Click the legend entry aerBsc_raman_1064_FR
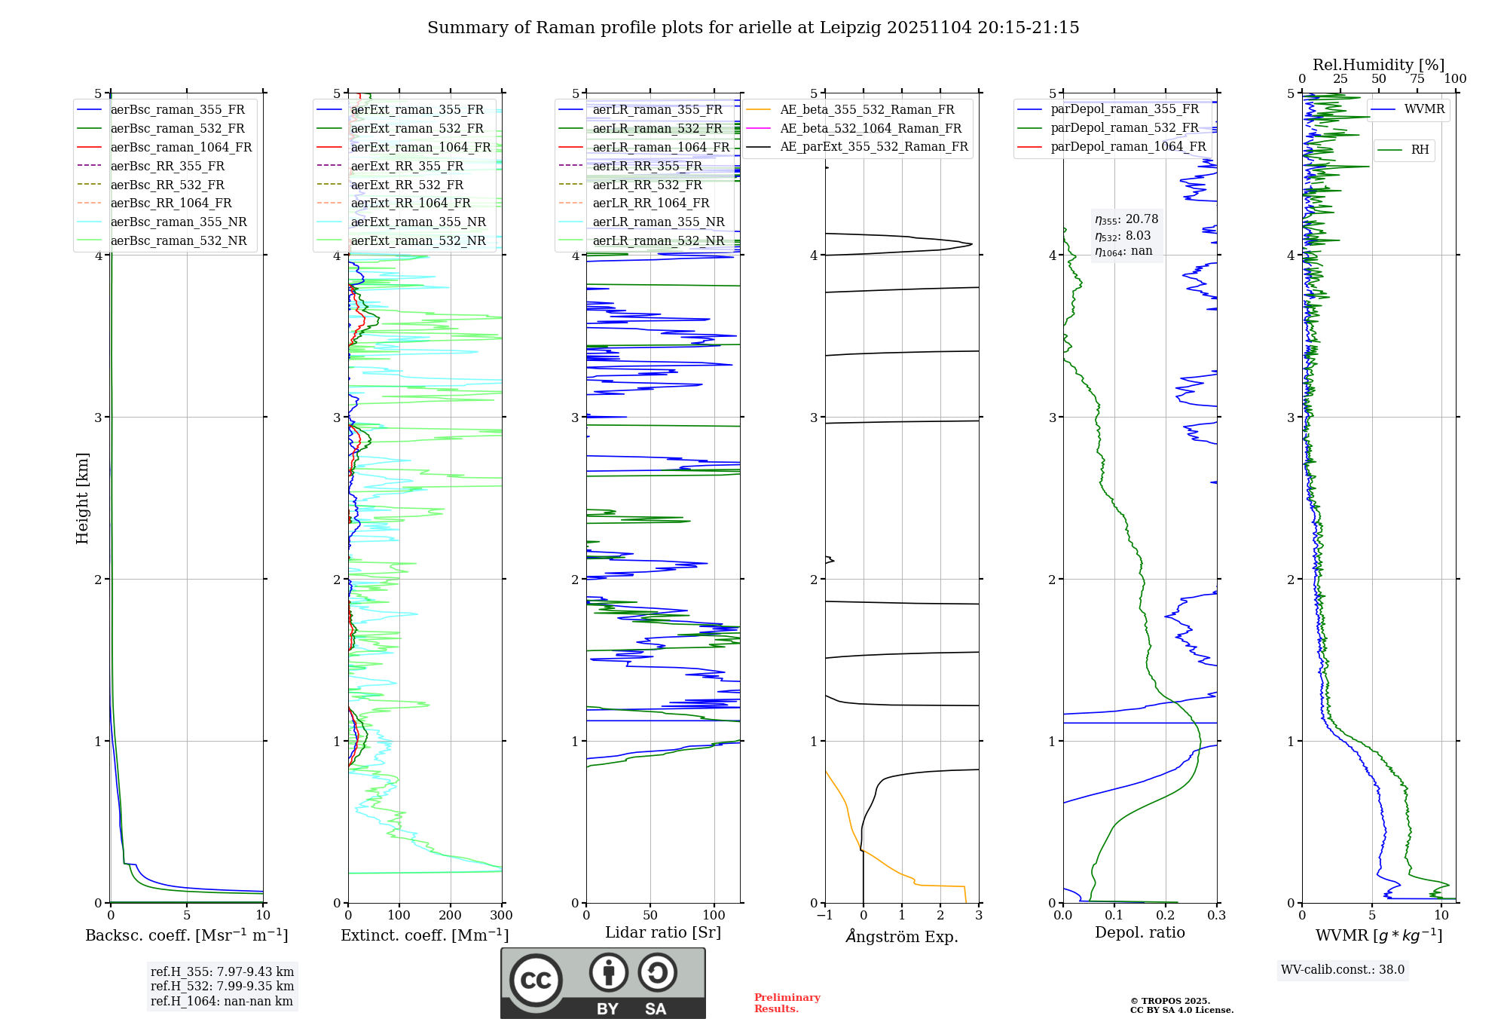click(x=181, y=147)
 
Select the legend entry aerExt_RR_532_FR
click(x=407, y=185)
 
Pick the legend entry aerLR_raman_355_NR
click(x=658, y=222)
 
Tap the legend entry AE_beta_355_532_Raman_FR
click(x=867, y=110)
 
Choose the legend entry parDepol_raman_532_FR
click(x=1124, y=128)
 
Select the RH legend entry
click(x=1420, y=150)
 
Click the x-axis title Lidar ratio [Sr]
click(x=662, y=932)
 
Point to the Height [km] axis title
click(x=82, y=498)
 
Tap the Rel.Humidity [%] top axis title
click(x=1378, y=65)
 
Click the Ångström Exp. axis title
click(x=901, y=936)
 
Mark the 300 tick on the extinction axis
click(x=501, y=915)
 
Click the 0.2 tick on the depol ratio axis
click(x=1165, y=915)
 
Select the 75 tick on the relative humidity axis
click(x=1417, y=78)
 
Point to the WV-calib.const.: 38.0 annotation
click(x=1342, y=969)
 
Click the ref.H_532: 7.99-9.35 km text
click(x=222, y=986)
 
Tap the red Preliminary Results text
click(x=787, y=1002)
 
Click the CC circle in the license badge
click(x=536, y=980)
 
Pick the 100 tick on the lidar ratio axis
click(x=714, y=915)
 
